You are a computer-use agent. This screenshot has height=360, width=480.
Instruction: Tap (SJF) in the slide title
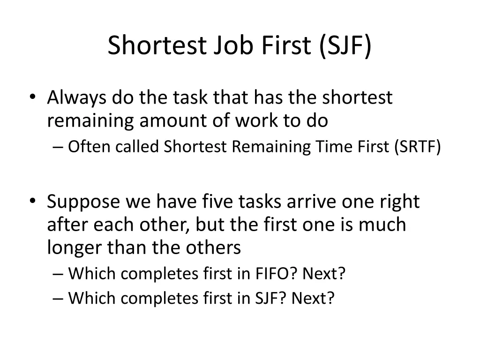346,45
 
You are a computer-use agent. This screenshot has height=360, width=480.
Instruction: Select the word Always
76,98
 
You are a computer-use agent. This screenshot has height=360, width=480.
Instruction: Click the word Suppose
82,202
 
